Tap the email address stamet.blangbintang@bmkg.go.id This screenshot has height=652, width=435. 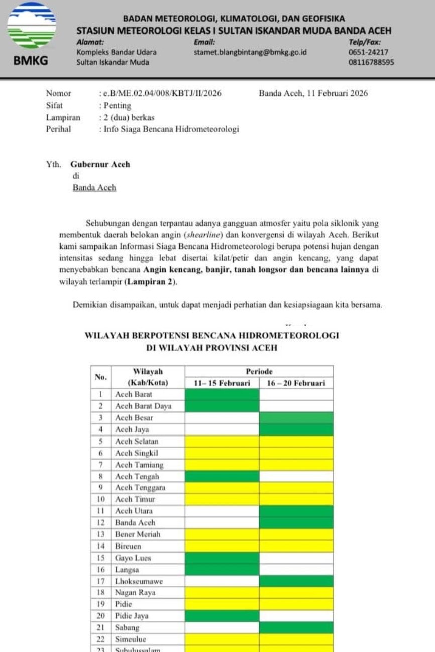click(250, 52)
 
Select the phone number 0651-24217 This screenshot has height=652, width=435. click(368, 52)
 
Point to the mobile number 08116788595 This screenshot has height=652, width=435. click(371, 63)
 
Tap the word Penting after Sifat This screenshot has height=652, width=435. click(117, 105)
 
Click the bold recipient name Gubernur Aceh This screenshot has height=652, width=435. click(100, 164)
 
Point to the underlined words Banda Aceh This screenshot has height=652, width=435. click(94, 188)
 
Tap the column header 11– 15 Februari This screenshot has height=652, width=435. click(222, 383)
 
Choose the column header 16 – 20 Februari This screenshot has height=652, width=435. click(296, 383)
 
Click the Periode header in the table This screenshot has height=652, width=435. click(259, 372)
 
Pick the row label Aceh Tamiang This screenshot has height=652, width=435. click(139, 465)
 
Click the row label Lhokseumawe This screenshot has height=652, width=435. click(139, 581)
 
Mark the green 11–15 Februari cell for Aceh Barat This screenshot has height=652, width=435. click(222, 395)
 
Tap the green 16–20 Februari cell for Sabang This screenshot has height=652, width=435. click(296, 627)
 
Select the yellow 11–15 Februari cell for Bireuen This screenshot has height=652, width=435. click(222, 546)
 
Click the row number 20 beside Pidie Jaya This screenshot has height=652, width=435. click(100, 616)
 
